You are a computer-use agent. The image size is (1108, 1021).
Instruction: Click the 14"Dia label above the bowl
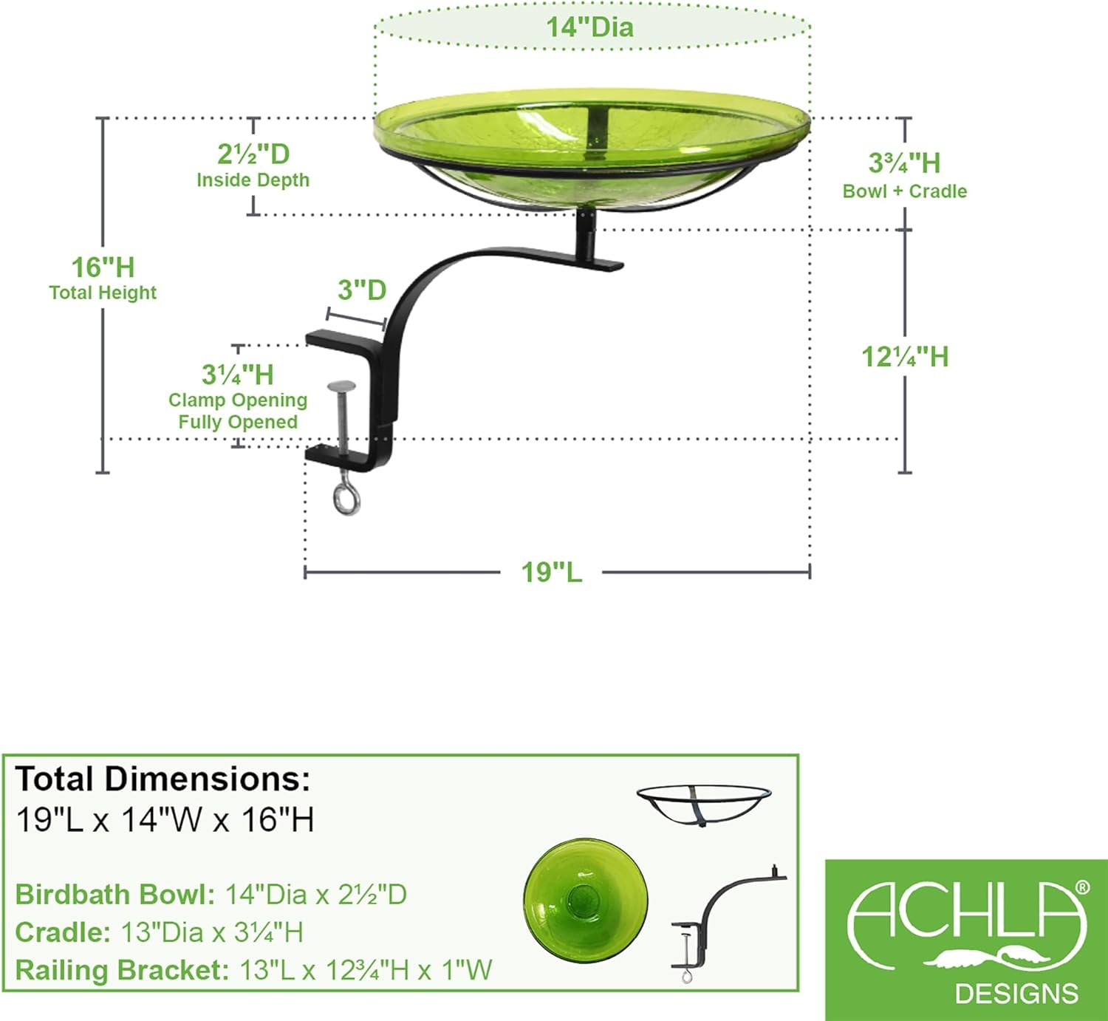click(x=589, y=27)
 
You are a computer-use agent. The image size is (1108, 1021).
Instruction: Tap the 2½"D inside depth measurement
click(x=253, y=154)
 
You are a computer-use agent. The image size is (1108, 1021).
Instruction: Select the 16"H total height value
click(x=103, y=267)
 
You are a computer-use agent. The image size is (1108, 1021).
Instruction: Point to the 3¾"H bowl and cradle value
click(x=904, y=163)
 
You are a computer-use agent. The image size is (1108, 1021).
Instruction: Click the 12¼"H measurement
click(x=905, y=358)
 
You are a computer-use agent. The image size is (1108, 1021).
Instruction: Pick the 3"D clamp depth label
click(x=362, y=290)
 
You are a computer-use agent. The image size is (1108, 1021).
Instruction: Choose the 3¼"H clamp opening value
click(x=237, y=375)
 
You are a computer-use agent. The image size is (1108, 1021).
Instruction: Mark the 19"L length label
click(x=552, y=572)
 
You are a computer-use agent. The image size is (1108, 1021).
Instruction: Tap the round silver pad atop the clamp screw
click(x=341, y=386)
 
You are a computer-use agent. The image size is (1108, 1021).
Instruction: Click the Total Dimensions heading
click(x=163, y=779)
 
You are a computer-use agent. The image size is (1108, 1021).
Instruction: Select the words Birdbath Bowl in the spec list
click(x=114, y=895)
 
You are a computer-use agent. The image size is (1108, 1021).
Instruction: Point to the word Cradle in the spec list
click(x=63, y=932)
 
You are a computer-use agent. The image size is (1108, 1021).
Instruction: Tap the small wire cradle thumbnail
click(x=704, y=804)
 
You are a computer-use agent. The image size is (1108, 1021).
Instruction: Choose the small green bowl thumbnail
click(x=585, y=898)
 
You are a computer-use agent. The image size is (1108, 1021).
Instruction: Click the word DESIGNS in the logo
click(x=1016, y=994)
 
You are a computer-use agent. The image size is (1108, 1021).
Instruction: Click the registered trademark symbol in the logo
click(x=1082, y=887)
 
